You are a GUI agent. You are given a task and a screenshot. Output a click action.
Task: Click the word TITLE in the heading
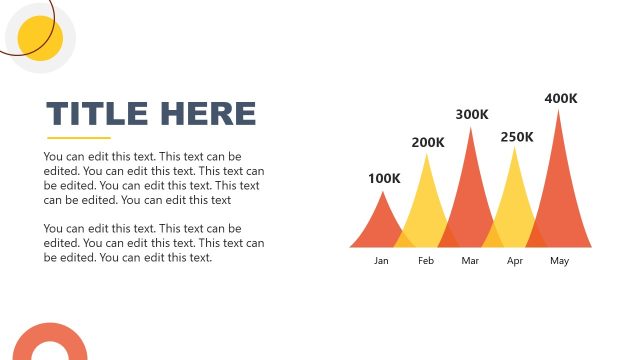click(x=96, y=113)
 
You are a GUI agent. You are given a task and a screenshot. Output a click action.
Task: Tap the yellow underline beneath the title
click(x=79, y=137)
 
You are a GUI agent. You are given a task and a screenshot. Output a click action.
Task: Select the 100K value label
click(x=384, y=179)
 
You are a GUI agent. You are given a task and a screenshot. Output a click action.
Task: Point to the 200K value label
click(x=428, y=142)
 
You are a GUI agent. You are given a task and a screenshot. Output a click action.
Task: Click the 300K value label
click(x=472, y=114)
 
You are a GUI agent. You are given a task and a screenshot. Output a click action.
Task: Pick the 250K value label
click(x=517, y=136)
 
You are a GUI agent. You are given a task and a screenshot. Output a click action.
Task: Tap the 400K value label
click(x=561, y=98)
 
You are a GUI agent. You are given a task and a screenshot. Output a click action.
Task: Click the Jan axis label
click(x=381, y=261)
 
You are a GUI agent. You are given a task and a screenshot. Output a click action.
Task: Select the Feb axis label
click(x=426, y=261)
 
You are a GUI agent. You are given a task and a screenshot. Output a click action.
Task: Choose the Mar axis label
click(x=470, y=261)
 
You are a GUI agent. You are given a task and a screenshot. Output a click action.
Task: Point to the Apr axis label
click(x=515, y=261)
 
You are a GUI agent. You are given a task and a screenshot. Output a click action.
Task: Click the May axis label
click(x=559, y=261)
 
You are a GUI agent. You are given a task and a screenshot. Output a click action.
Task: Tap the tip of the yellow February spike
click(x=428, y=154)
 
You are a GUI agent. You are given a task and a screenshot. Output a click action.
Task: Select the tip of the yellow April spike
click(x=516, y=148)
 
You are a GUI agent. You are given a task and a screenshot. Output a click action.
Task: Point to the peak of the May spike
click(x=559, y=110)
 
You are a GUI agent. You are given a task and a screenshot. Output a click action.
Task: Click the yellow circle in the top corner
click(x=41, y=39)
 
